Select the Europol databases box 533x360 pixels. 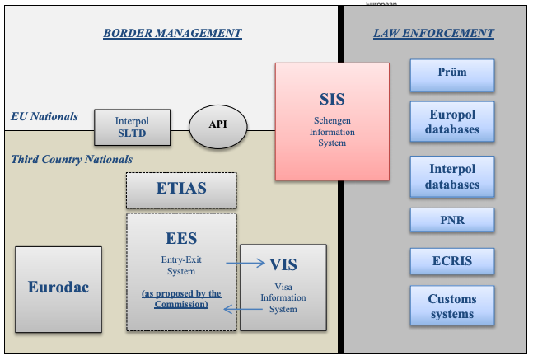(451, 122)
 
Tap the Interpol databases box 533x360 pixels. (451, 176)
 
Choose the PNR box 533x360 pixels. (451, 220)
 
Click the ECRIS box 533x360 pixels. (451, 261)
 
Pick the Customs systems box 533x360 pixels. (451, 306)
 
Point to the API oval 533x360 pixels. (217, 124)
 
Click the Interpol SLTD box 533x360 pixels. (132, 127)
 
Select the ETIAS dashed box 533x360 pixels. (181, 189)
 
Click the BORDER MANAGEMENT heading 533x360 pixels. (172, 34)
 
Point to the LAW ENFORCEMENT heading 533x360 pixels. (433, 34)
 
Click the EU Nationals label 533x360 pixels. (44, 116)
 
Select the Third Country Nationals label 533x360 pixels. (72, 159)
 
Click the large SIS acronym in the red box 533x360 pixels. (332, 100)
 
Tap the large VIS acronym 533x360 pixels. (283, 265)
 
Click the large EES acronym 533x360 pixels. (181, 239)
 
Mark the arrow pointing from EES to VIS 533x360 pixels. (246, 264)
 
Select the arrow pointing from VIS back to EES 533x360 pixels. (245, 311)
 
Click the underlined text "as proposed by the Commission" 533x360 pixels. (181, 299)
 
